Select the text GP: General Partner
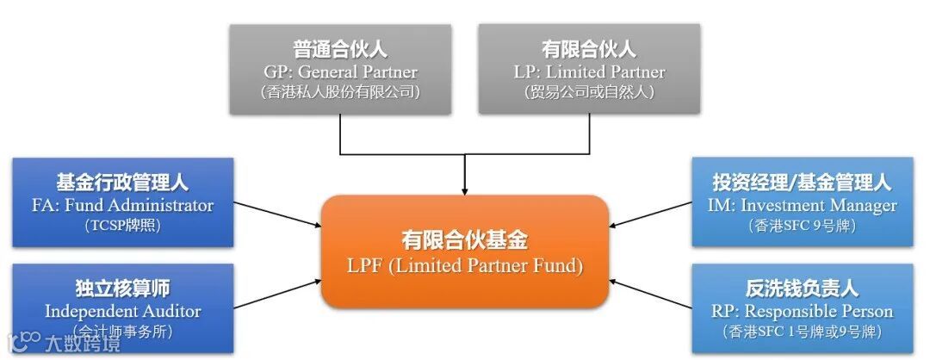[339, 71]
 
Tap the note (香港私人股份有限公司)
[339, 92]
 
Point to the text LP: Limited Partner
[589, 71]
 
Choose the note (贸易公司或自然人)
[589, 92]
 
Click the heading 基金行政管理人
[122, 183]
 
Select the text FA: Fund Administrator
[122, 205]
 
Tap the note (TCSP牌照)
[122, 226]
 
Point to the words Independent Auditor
[122, 311]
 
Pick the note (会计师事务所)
[122, 332]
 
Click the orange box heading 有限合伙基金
[464, 240]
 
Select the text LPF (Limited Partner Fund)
[464, 266]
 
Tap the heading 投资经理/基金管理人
[802, 183]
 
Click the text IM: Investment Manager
[802, 205]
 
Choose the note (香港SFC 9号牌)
[802, 226]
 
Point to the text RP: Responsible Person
[802, 311]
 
